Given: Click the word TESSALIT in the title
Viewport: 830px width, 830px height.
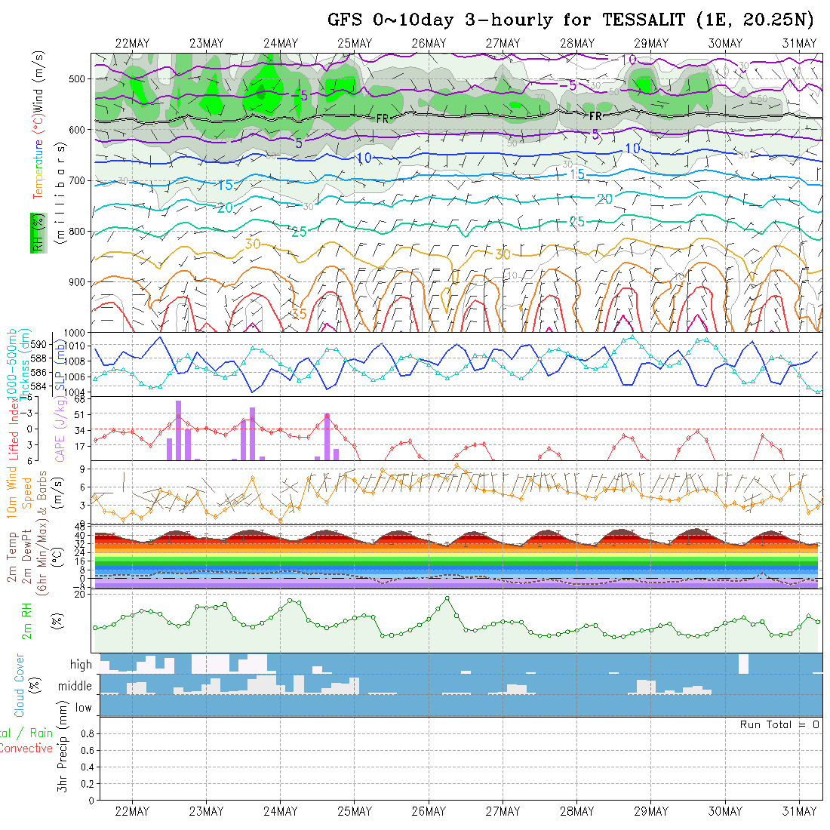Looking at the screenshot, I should click(642, 20).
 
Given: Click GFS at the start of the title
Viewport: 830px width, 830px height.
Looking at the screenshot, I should click(346, 20).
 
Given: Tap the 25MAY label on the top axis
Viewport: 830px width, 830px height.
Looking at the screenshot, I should click(355, 43).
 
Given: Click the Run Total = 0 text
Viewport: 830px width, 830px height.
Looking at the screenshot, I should click(779, 724).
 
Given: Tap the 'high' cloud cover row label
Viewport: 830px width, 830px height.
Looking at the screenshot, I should click(81, 665).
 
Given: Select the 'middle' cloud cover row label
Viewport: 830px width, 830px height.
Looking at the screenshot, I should click(75, 686).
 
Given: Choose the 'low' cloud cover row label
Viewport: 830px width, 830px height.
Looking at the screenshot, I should click(83, 708).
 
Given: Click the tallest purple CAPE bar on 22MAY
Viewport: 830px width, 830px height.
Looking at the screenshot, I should click(179, 430).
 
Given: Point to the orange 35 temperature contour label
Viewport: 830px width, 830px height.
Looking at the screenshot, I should click(299, 313).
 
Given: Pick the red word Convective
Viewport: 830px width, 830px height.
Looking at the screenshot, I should click(26, 749).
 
